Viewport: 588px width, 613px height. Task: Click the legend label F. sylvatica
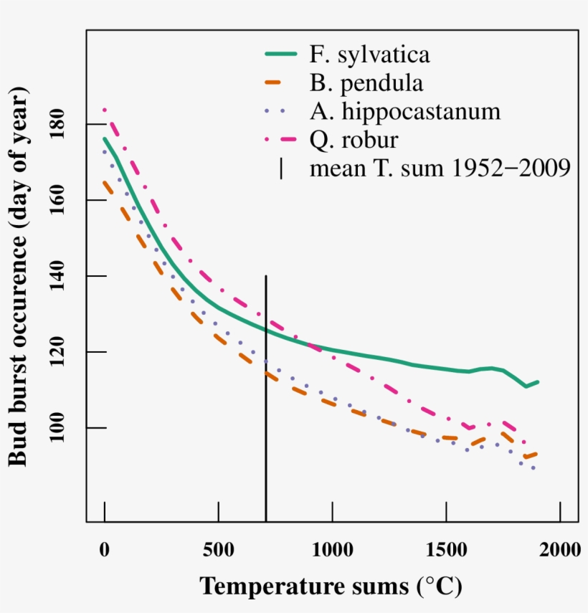pyautogui.click(x=370, y=55)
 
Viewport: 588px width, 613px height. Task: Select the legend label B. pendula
pyautogui.click(x=366, y=84)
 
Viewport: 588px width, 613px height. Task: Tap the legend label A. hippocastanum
pyautogui.click(x=405, y=112)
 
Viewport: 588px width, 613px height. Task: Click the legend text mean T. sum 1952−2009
pyautogui.click(x=440, y=168)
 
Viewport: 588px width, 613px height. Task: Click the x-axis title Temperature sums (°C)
pyautogui.click(x=331, y=586)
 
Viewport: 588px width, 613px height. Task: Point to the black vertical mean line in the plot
pyautogui.click(x=266, y=430)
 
